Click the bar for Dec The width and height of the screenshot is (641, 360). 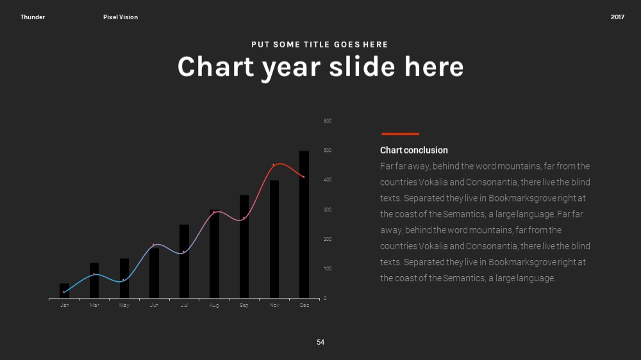[304, 224]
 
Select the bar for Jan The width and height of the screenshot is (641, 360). [64, 291]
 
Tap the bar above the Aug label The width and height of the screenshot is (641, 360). [214, 254]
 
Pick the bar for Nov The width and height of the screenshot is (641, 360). [274, 239]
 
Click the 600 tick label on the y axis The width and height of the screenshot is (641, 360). [328, 121]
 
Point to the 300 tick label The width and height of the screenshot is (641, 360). [328, 209]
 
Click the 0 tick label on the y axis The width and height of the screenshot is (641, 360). [325, 299]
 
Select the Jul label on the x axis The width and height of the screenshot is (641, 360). [185, 306]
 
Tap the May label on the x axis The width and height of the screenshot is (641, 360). [124, 306]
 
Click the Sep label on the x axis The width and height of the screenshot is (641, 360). [244, 306]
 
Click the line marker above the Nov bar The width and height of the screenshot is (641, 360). [274, 165]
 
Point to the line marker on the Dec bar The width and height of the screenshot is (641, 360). [304, 177]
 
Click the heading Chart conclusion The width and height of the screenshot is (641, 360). [413, 151]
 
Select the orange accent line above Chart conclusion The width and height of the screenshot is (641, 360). [400, 134]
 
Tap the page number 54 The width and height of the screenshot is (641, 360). [320, 343]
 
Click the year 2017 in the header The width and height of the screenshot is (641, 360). [617, 17]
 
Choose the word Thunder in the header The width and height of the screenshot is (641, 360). [33, 17]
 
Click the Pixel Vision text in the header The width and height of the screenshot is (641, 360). [121, 17]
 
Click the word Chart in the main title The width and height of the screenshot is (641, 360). [216, 67]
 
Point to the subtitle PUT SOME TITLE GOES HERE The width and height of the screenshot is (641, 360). [320, 45]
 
